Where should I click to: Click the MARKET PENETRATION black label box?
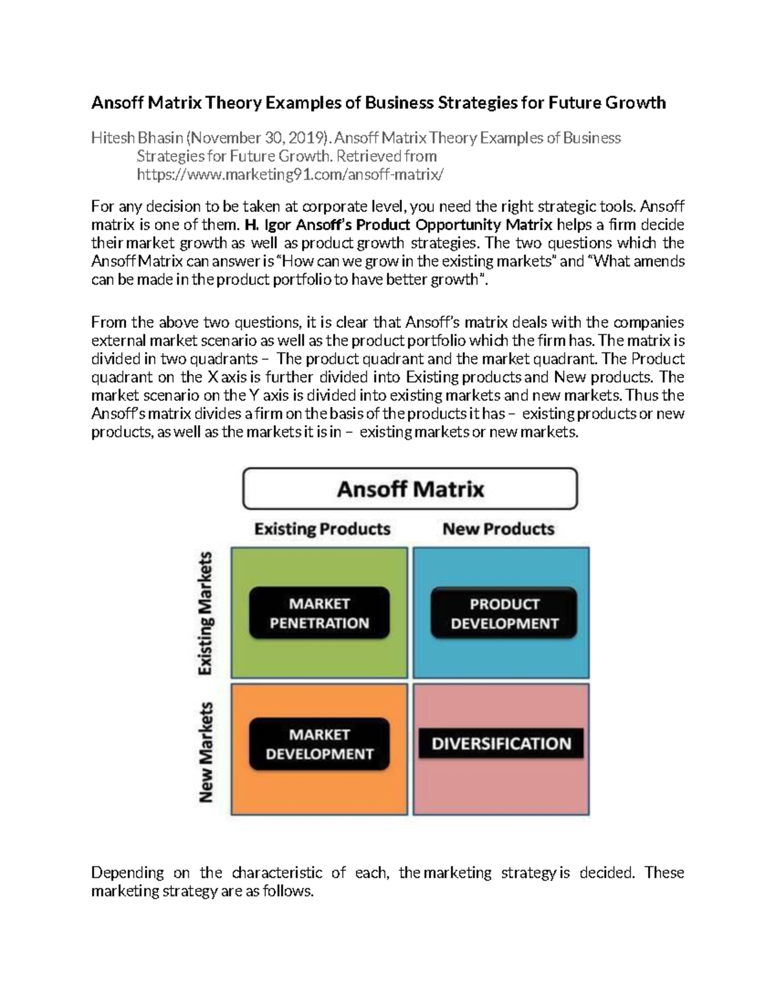[319, 613]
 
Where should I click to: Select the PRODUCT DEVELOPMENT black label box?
[504, 614]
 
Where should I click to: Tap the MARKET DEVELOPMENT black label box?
[319, 744]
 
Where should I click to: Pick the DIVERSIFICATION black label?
[501, 743]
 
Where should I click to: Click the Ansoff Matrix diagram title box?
[410, 489]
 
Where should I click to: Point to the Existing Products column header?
[322, 529]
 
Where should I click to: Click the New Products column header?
[498, 529]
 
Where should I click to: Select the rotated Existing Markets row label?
[206, 613]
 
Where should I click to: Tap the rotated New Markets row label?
[206, 752]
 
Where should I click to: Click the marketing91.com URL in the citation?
[290, 175]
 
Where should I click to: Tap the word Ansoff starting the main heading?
[117, 103]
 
